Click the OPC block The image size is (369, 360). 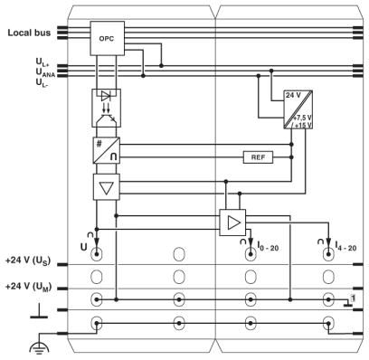coord(108,38)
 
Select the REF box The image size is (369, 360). coord(258,157)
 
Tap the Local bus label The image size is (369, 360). coord(29,33)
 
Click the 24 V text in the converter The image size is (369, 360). coord(293,95)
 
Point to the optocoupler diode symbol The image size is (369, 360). coord(106,96)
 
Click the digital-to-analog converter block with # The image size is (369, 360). coord(107,150)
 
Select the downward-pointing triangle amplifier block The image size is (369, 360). coord(107,187)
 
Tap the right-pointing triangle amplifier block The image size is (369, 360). coord(232,223)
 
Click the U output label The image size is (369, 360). coord(83,247)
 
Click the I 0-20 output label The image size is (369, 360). coord(268,246)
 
